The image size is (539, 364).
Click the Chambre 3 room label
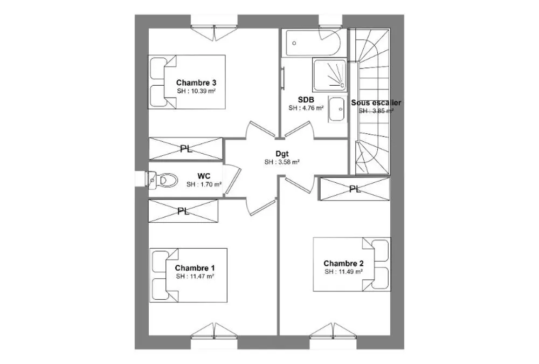coord(196,83)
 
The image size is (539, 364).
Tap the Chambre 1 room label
coord(195,267)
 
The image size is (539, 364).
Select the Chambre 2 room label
coord(343,264)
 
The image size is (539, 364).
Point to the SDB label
coord(306,100)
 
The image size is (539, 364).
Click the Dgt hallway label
coord(282,154)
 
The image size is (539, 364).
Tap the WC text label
coord(204,176)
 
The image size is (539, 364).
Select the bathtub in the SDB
coord(311,43)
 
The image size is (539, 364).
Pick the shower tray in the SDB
coord(329,74)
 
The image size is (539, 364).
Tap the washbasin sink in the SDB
coord(336,109)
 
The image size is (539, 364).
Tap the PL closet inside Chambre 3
coord(185,149)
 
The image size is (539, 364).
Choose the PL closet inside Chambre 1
coord(183,211)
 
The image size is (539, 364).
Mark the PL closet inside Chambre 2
coord(355,189)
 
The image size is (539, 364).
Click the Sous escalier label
coord(376,102)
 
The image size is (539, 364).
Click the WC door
coord(232,180)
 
